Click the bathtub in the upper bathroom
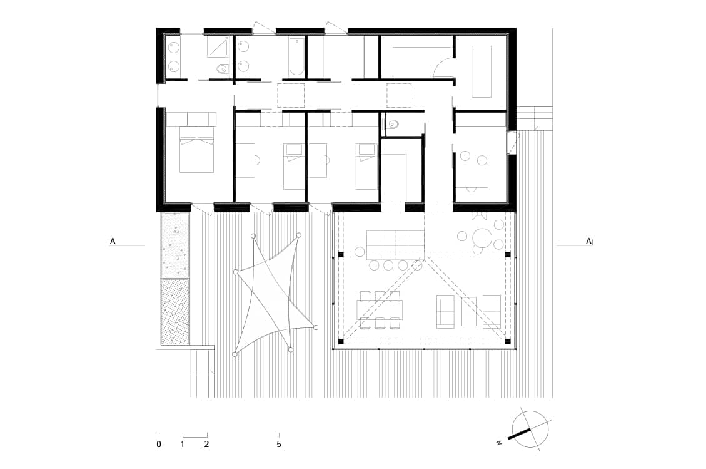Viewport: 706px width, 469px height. pos(296,56)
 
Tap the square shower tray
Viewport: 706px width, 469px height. pos(218,47)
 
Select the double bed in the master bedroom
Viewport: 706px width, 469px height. pos(197,149)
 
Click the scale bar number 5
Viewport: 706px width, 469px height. pos(279,444)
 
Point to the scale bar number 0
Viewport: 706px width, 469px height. pos(159,444)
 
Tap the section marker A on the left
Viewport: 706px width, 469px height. pos(113,241)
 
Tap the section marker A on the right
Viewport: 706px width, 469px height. pos(588,241)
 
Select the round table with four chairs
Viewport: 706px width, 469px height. pos(482,237)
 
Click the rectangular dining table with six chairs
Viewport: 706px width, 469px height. pos(379,309)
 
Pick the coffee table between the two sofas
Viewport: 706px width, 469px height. pos(469,311)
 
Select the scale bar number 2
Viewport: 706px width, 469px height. pos(206,444)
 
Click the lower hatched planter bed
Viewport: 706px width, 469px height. pos(174,312)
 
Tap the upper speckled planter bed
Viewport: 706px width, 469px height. pos(174,245)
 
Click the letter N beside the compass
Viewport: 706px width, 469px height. pos(499,443)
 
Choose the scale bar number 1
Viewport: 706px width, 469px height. pos(183,444)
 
